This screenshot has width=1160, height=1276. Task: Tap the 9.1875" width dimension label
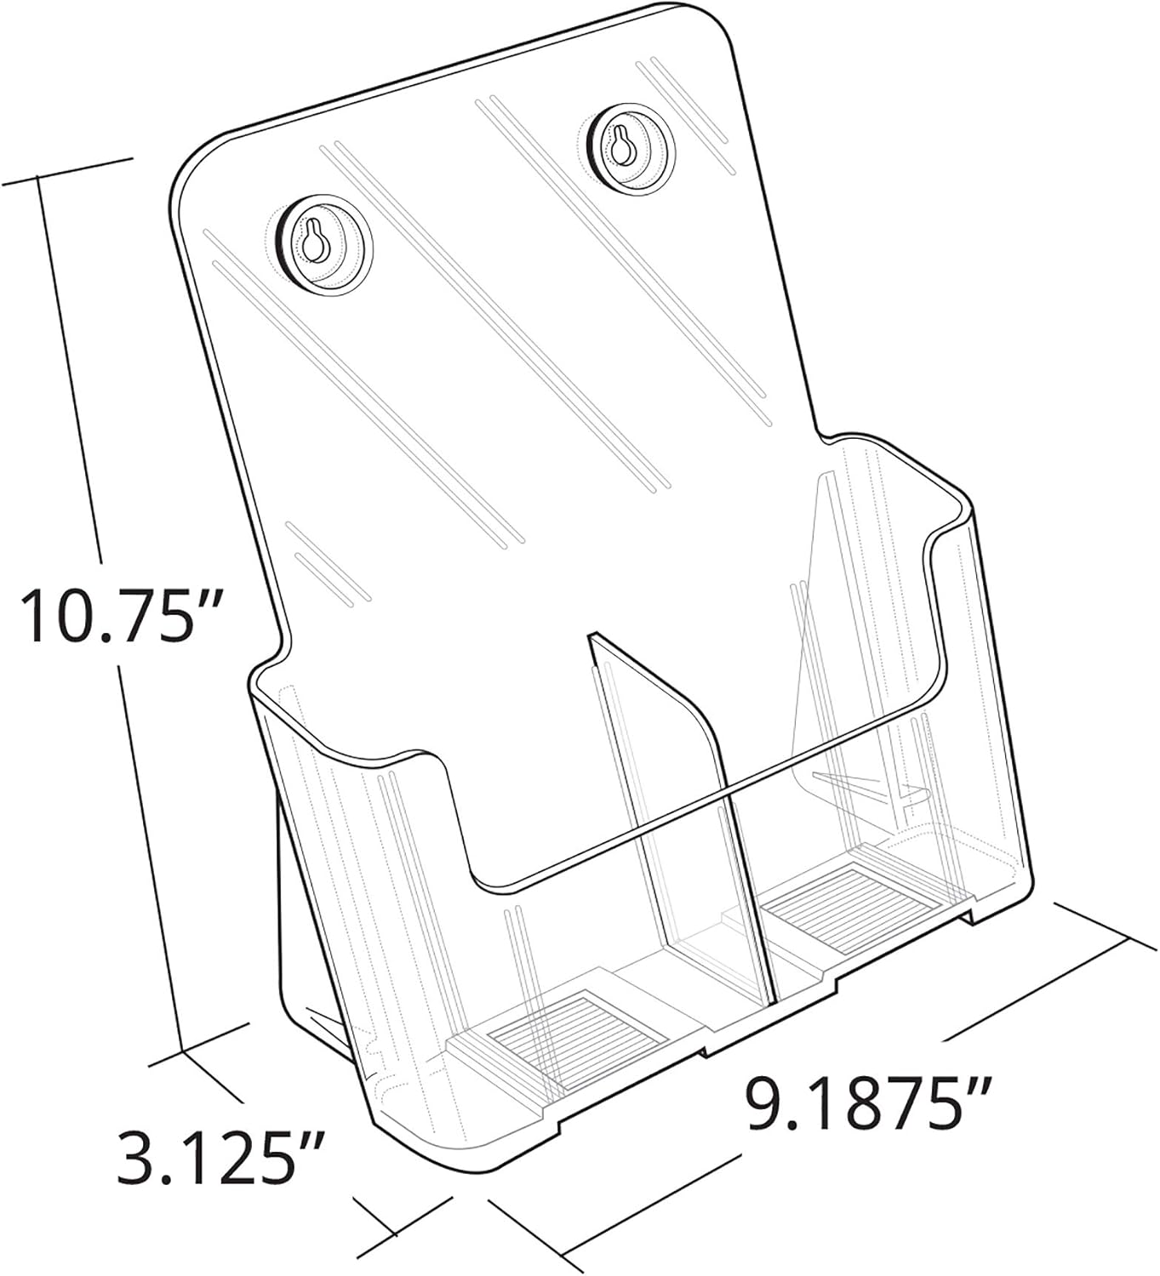point(870,1103)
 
